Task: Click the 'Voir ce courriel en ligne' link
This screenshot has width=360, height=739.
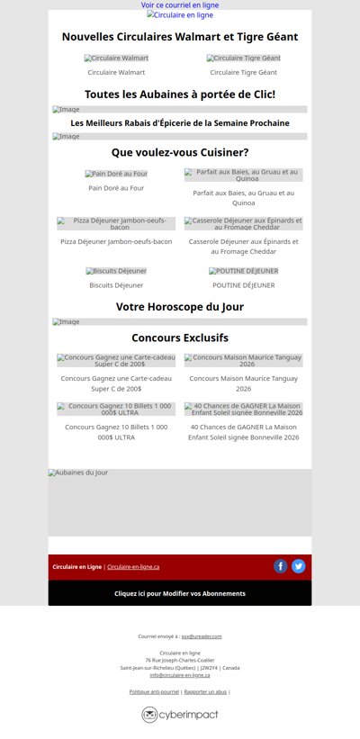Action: [180, 5]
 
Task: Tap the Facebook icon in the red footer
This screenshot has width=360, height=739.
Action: [281, 566]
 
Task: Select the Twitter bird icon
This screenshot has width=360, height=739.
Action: [299, 566]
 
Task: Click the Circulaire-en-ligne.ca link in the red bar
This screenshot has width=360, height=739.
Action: [133, 567]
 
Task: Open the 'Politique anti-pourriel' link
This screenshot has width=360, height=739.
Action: [154, 691]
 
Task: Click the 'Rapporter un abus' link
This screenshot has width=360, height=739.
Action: [205, 691]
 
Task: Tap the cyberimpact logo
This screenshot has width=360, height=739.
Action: [180, 715]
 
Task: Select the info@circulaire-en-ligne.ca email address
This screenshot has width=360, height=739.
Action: [180, 675]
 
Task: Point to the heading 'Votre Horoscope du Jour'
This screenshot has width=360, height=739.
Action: [180, 307]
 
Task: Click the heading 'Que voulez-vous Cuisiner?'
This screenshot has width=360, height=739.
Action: [180, 152]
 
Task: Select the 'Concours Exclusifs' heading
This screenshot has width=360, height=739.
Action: [180, 338]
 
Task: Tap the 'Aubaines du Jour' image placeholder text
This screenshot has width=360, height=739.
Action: [78, 473]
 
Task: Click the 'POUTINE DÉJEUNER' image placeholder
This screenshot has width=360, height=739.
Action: [244, 271]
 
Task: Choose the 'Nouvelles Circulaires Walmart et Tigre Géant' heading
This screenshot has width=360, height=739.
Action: [180, 37]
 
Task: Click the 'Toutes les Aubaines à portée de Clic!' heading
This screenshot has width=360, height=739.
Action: [180, 95]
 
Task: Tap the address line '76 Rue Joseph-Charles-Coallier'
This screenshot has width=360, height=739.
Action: [180, 660]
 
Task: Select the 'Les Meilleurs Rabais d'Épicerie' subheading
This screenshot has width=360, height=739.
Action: [180, 123]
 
